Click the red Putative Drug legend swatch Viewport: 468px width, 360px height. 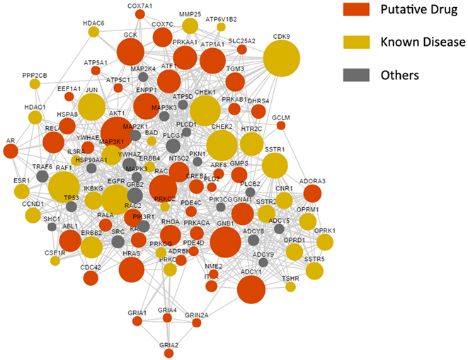click(x=355, y=9)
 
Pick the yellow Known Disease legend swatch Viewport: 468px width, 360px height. click(x=355, y=42)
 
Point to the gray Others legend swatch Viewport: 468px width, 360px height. click(x=355, y=74)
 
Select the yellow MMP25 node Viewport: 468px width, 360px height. click(x=190, y=26)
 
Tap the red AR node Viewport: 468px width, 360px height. click(x=11, y=151)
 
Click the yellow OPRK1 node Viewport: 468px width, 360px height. click(x=324, y=243)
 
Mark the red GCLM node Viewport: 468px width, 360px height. click(x=280, y=125)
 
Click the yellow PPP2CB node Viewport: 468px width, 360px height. click(x=35, y=84)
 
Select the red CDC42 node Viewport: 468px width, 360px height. click(x=91, y=278)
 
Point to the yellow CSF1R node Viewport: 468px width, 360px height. click(x=55, y=260)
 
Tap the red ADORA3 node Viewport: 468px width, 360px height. click(x=312, y=192)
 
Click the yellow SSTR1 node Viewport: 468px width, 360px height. click(x=275, y=166)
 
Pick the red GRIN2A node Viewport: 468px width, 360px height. click(x=198, y=323)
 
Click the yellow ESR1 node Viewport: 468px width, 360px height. click(x=22, y=191)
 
